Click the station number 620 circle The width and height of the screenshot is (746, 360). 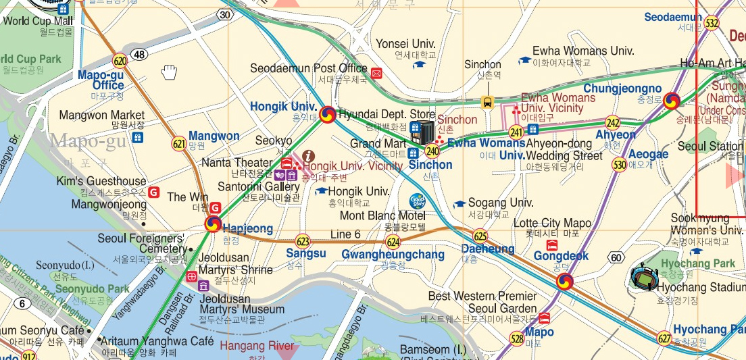click(120, 61)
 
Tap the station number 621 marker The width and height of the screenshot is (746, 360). click(179, 143)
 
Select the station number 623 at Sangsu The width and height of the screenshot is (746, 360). click(303, 240)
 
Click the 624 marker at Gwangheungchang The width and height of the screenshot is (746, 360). click(393, 242)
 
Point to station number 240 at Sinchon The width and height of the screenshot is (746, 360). click(432, 153)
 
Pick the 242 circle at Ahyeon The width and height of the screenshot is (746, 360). click(613, 123)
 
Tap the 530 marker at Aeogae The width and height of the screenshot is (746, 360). click(619, 164)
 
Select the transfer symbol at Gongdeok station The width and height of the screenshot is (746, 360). click(567, 280)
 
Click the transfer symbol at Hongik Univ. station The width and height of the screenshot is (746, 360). click(328, 115)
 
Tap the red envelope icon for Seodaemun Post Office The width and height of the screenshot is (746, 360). click(376, 73)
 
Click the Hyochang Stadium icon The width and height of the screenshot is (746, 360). click(642, 276)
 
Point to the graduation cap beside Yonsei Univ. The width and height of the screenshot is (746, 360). click(420, 65)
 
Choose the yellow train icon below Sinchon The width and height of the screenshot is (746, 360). click(487, 102)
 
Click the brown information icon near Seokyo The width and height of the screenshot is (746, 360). click(309, 155)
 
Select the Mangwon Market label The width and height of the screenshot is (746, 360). click(102, 115)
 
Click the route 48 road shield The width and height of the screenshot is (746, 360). click(140, 54)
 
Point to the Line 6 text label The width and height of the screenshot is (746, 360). click(346, 234)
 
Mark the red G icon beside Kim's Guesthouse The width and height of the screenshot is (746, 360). click(154, 192)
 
